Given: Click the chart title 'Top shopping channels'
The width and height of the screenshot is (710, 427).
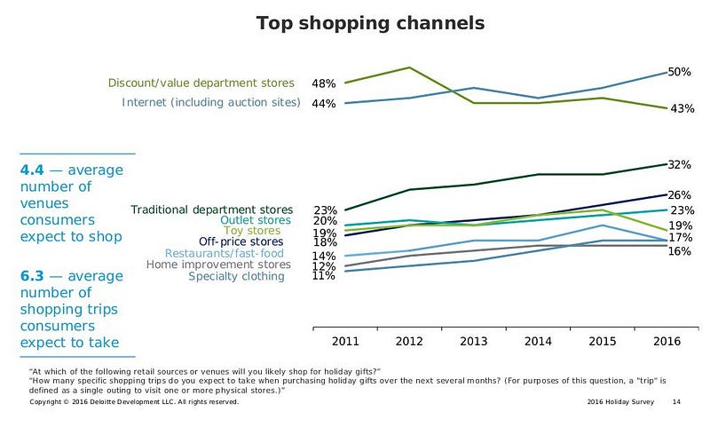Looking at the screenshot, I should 370,22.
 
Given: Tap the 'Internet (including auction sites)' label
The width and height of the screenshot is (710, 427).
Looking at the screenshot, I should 210,103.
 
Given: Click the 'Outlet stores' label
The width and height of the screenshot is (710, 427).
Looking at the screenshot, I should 255,220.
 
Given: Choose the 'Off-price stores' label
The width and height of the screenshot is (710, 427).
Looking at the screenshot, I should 241,241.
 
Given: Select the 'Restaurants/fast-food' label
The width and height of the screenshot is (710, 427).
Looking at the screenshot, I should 227,253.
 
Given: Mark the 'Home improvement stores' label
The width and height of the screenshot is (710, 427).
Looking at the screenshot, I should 218,265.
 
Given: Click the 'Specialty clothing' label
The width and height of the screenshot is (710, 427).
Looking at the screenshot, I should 237,276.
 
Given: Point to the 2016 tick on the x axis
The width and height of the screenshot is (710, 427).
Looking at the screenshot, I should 667,340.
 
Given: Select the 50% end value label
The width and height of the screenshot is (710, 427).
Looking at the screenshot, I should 680,72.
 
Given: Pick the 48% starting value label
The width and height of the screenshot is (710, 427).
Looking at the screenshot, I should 323,83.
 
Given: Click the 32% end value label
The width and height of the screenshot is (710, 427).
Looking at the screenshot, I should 680,165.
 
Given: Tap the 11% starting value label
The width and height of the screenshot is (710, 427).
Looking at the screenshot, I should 323,276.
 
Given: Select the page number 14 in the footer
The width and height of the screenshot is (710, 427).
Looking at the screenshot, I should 676,402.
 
